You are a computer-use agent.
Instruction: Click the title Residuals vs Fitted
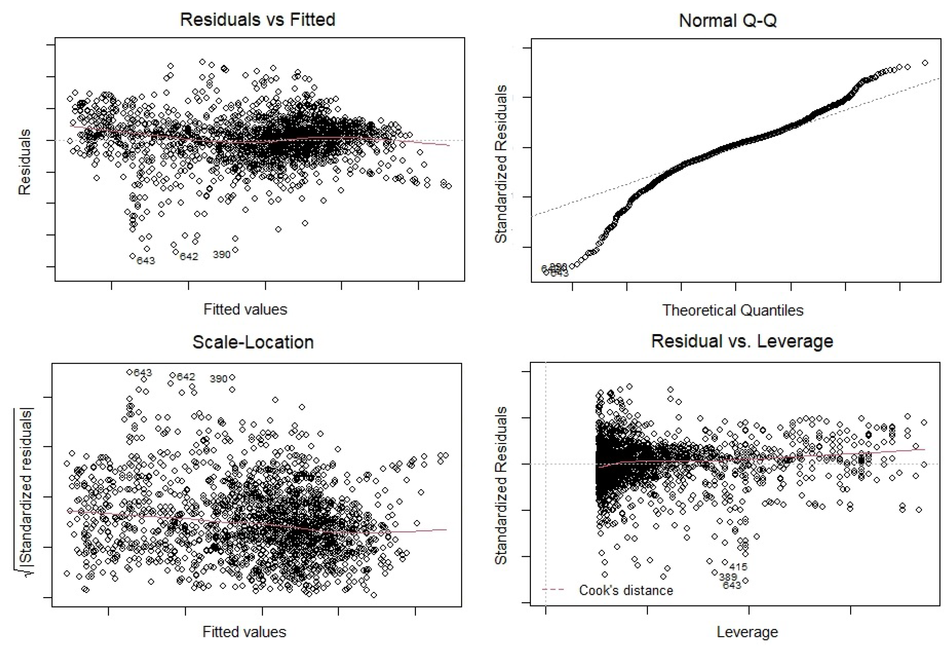(x=257, y=20)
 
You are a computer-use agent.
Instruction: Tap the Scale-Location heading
(x=253, y=342)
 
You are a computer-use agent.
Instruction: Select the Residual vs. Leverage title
(x=742, y=341)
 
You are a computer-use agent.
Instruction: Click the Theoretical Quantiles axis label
(x=733, y=310)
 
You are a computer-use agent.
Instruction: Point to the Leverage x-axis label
(x=747, y=632)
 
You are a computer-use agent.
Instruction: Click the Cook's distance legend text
(x=626, y=590)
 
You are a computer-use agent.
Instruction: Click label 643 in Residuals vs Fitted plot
(x=146, y=261)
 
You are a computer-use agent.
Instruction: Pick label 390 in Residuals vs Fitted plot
(x=221, y=255)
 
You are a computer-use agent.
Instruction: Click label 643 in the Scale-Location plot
(x=143, y=373)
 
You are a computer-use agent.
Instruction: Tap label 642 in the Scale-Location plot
(x=186, y=377)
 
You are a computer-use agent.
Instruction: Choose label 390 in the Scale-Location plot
(x=218, y=379)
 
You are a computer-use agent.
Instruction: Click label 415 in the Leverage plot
(x=738, y=567)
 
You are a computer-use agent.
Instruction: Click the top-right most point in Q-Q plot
(x=925, y=63)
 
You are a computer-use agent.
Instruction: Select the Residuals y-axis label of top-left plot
(x=24, y=162)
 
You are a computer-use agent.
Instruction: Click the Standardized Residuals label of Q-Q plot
(x=501, y=164)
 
